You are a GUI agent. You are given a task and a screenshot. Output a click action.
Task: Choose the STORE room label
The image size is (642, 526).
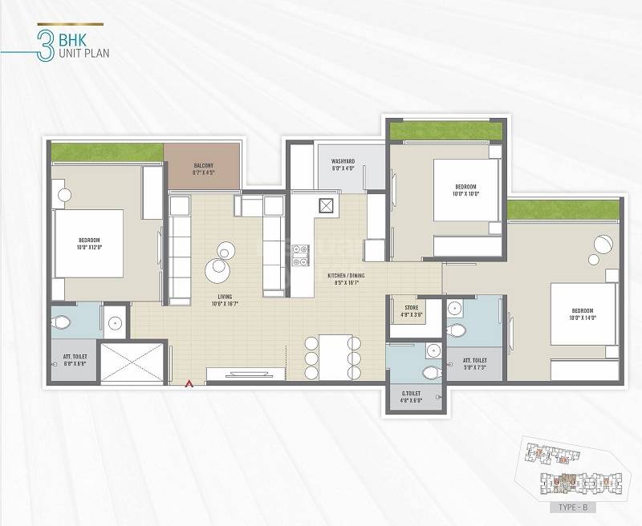point(411,311)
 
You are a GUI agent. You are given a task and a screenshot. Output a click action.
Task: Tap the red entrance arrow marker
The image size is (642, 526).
point(189,384)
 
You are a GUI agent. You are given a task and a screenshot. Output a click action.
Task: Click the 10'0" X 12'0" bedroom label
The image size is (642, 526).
point(89,244)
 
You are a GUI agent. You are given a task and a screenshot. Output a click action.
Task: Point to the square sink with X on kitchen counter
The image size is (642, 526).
point(327,205)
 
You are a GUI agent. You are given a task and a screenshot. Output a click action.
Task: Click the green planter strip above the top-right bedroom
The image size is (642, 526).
point(445,131)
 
